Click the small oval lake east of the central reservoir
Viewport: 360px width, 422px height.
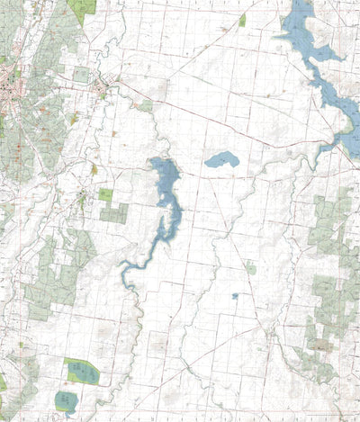221,160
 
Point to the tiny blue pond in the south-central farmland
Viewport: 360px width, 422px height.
235,295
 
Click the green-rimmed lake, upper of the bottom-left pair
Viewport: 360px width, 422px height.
80,369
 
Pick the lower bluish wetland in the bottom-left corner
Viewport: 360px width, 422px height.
66,400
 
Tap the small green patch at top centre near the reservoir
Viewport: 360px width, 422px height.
242,20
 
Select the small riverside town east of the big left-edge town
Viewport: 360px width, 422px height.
103,89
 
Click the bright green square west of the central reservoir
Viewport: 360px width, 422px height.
105,194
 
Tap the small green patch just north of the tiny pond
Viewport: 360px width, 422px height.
251,267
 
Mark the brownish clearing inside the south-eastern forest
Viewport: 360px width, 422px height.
319,344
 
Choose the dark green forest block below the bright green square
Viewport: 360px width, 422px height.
114,213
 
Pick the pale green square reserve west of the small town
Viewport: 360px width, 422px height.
81,75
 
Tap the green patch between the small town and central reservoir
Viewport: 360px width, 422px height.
145,106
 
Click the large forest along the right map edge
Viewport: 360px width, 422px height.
333,225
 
